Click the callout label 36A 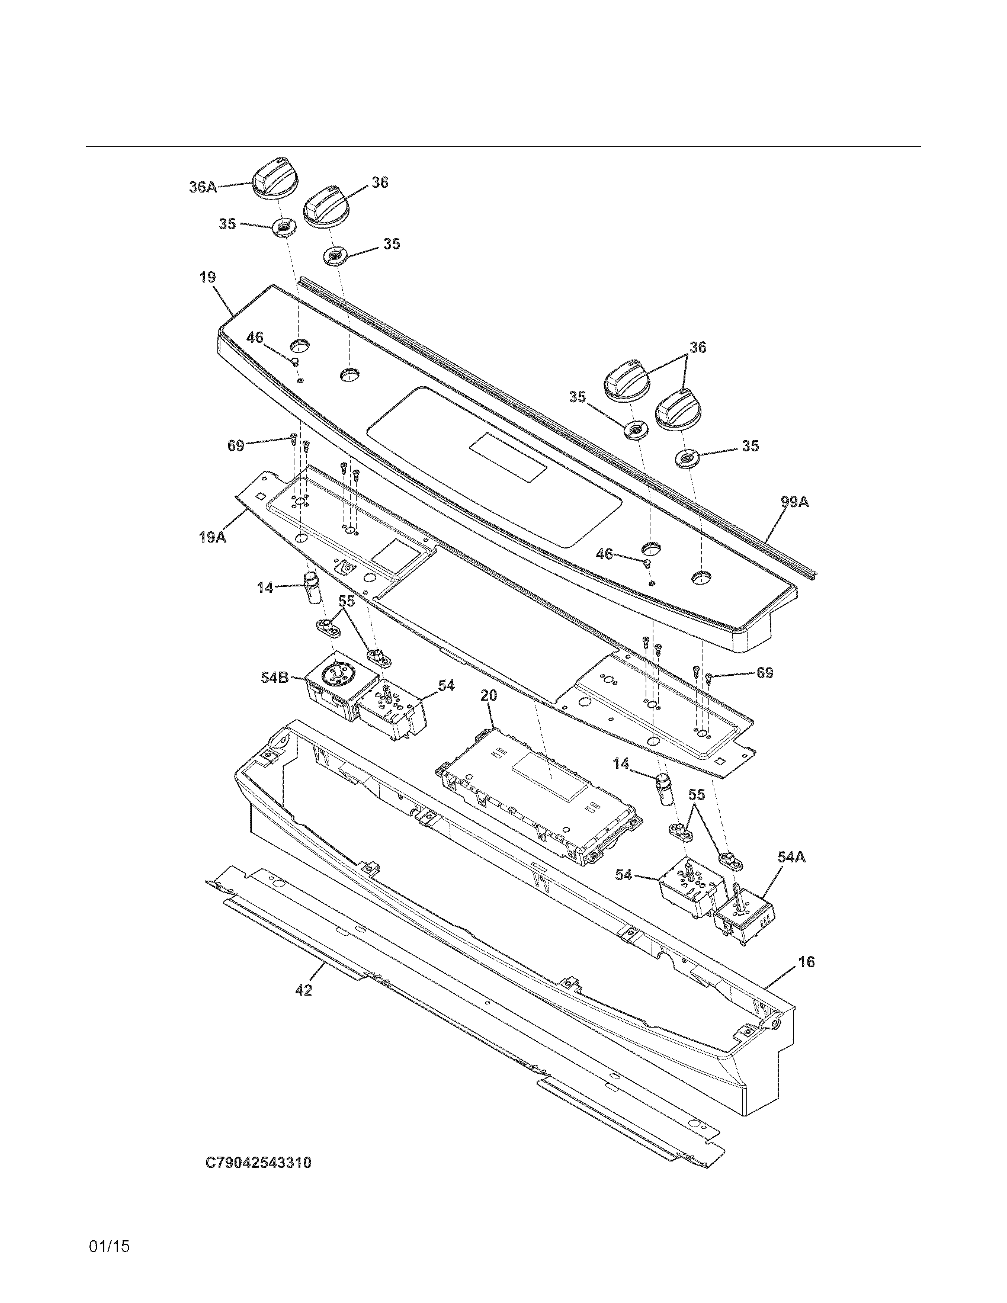tap(202, 187)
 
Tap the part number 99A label tap(794, 502)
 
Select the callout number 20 tap(489, 696)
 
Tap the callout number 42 tap(303, 990)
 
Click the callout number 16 tap(806, 962)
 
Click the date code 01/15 tap(108, 1246)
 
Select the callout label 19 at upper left tap(207, 277)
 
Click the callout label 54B tap(275, 678)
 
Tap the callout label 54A tap(791, 857)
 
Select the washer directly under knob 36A tap(284, 227)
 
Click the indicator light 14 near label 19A tap(313, 587)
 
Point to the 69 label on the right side tap(765, 673)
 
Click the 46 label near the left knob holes tap(255, 338)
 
